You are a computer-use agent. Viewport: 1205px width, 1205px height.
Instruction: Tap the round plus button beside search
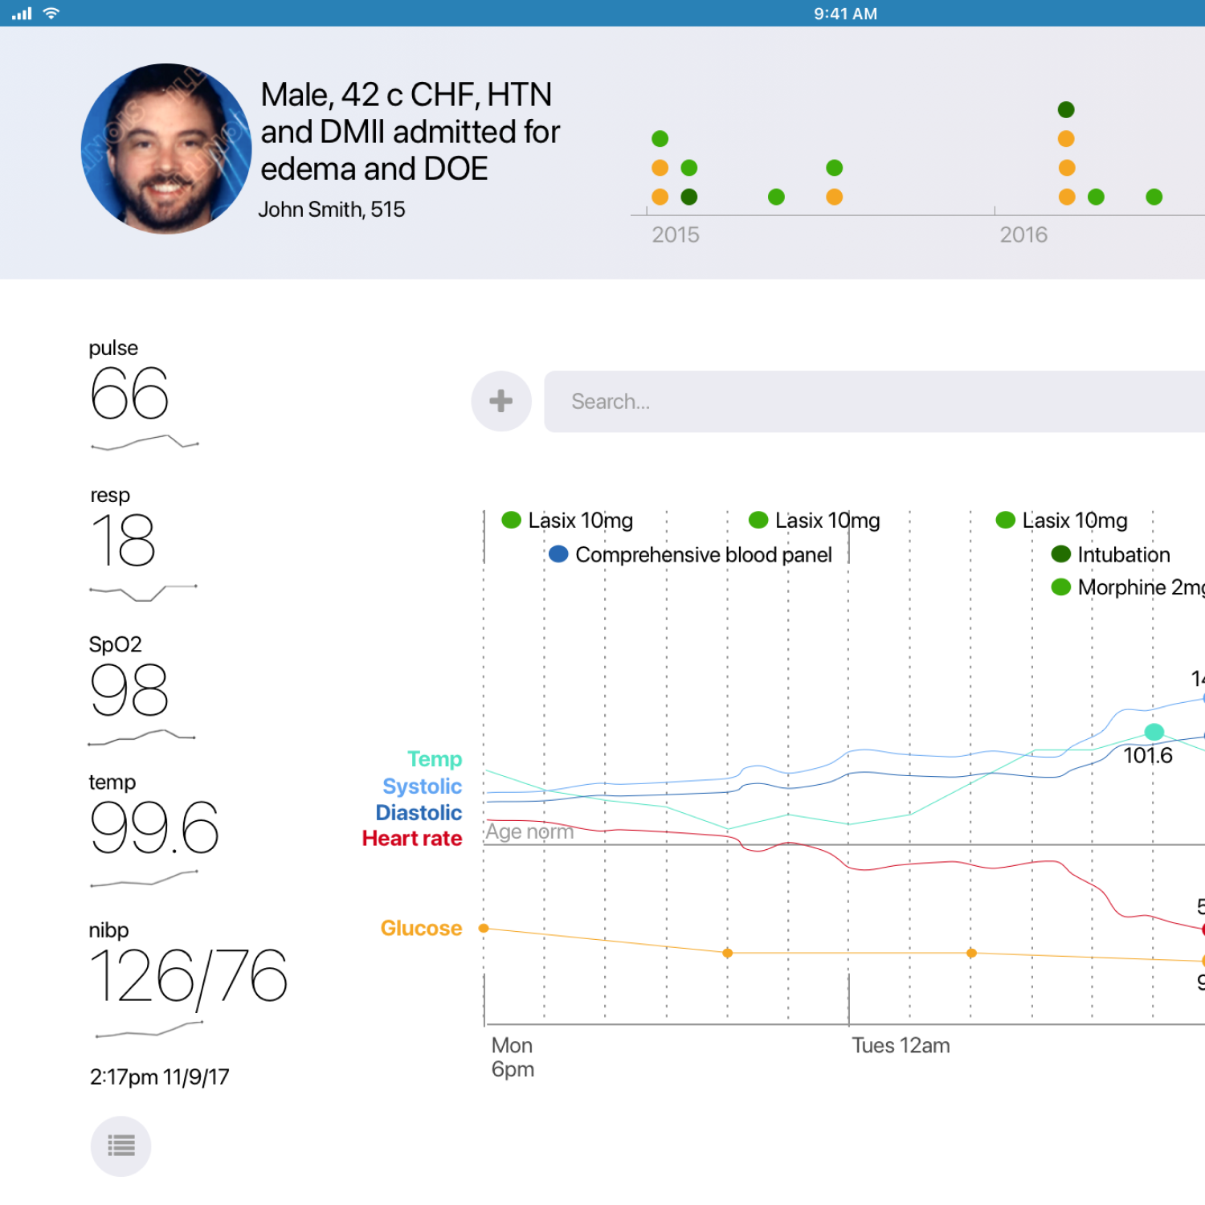(501, 401)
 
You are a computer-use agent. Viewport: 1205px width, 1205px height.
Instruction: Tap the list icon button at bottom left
(120, 1146)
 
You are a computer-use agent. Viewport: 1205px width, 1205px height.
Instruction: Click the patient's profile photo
(166, 149)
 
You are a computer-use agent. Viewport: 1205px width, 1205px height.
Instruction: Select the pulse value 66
(129, 394)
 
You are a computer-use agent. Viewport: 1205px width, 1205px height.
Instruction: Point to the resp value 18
(123, 541)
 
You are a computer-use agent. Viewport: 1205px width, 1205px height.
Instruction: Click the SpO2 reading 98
(129, 690)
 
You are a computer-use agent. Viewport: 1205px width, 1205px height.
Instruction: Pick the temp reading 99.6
(154, 828)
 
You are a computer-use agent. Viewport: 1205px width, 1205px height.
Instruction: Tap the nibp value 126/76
(189, 977)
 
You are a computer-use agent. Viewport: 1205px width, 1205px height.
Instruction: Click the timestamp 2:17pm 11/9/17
(160, 1076)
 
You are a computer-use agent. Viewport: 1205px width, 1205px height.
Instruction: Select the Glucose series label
(421, 928)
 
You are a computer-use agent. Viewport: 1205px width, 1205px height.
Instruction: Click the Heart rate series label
(412, 839)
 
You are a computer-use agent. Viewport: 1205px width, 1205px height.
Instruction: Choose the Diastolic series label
(419, 812)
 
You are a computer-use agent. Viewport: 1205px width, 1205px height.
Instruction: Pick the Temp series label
(435, 759)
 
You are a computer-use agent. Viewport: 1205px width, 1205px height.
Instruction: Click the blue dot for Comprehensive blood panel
(558, 554)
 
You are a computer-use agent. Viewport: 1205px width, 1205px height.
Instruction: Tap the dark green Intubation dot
(1060, 554)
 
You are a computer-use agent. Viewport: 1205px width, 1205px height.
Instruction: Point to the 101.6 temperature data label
(1147, 755)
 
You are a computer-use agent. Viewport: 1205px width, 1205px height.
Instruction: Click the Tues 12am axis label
(901, 1045)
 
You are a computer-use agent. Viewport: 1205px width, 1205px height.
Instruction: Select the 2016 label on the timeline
(1023, 235)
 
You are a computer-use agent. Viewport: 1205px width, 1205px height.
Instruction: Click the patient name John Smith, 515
(332, 210)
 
